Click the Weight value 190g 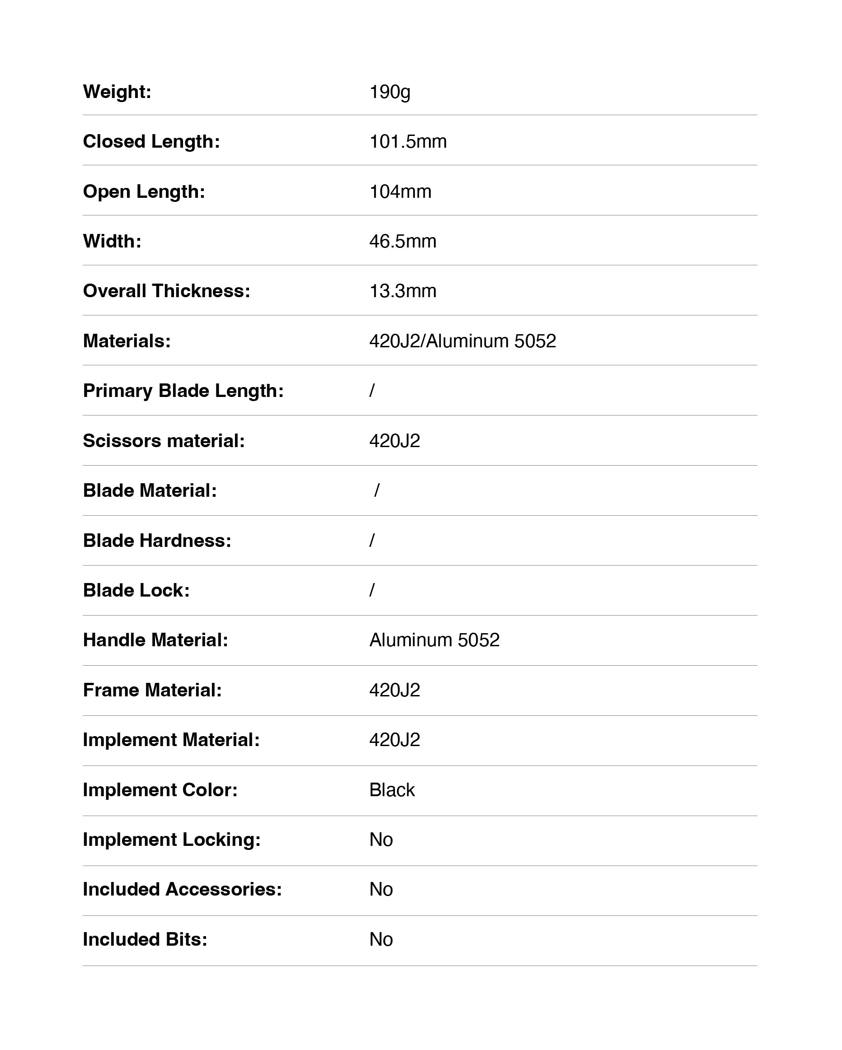[x=390, y=92]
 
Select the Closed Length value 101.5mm [x=408, y=142]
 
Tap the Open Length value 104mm [x=400, y=192]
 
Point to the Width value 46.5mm [x=403, y=242]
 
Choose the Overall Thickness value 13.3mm [x=403, y=291]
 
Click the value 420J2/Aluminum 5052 [x=462, y=341]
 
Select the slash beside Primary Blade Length [x=372, y=391]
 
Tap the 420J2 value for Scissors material [x=394, y=441]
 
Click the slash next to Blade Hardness [x=372, y=541]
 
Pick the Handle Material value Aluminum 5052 [x=434, y=640]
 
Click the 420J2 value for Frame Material [x=394, y=691]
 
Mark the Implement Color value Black [x=392, y=790]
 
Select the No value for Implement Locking [x=381, y=840]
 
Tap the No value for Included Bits [x=381, y=940]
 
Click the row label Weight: [x=117, y=92]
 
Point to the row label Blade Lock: [x=136, y=591]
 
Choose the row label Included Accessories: [x=182, y=890]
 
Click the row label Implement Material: [x=171, y=740]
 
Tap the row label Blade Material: [x=150, y=491]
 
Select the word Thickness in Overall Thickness [x=201, y=291]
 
